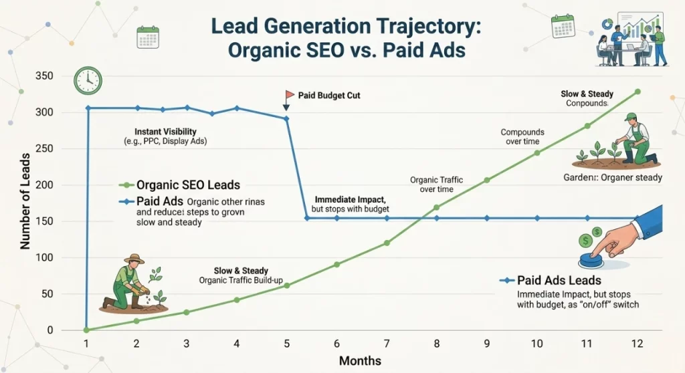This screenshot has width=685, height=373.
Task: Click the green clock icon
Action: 87,80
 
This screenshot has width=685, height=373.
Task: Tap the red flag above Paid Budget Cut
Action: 290,95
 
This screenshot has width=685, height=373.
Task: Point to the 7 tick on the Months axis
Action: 387,343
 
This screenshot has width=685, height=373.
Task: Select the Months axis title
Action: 360,361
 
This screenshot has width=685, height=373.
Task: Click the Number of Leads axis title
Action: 25,201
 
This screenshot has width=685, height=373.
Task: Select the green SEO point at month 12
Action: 638,92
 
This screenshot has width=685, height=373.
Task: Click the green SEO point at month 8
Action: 437,207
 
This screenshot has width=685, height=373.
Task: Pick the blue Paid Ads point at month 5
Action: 287,119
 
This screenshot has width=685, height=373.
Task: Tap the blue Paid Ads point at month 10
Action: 537,218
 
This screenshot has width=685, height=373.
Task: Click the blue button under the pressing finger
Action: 594,259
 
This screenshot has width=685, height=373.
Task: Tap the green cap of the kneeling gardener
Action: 629,117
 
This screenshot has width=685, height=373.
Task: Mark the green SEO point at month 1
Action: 86,330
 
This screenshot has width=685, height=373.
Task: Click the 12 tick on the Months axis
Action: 637,343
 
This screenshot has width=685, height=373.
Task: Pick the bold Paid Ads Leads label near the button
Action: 550,281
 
